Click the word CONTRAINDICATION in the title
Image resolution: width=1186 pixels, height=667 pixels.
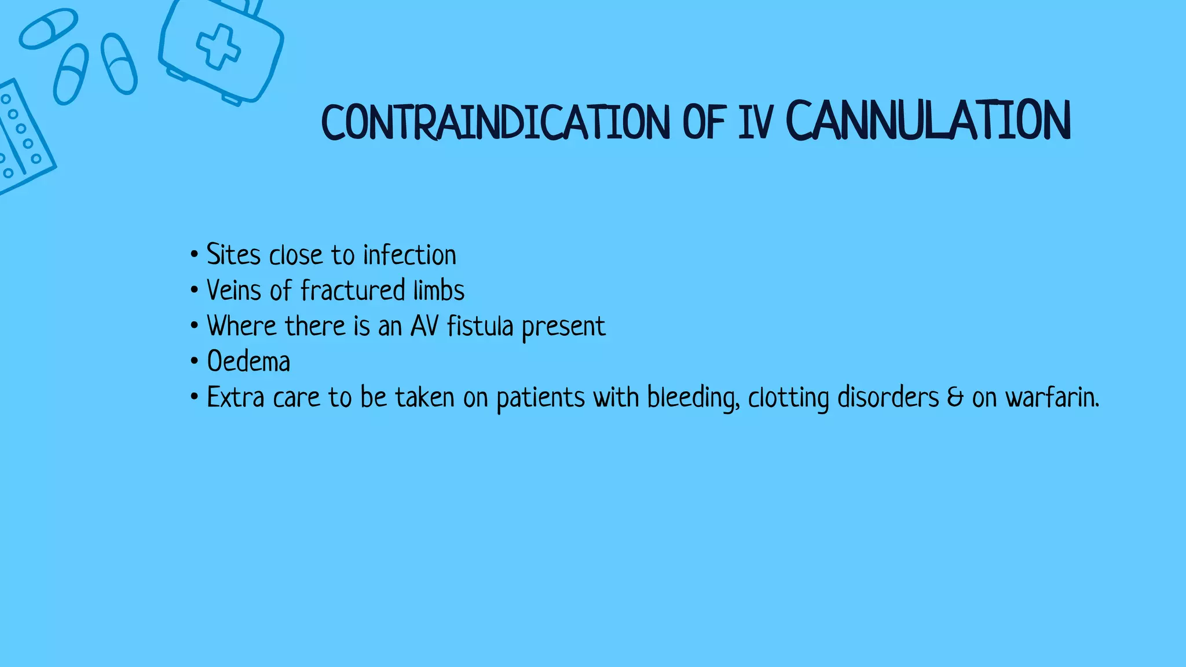pyautogui.click(x=495, y=122)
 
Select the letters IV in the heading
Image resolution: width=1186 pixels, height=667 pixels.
pyautogui.click(x=756, y=122)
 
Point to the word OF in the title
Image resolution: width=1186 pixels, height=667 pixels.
pyautogui.click(x=704, y=122)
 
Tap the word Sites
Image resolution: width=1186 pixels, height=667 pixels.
pyautogui.click(x=233, y=255)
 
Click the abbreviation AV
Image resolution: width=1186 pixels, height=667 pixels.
pyautogui.click(x=424, y=326)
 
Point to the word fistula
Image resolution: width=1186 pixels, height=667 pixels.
pyautogui.click(x=480, y=326)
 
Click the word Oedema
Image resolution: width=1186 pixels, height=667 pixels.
pyautogui.click(x=248, y=362)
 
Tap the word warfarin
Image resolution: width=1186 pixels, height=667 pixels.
pyautogui.click(x=1051, y=398)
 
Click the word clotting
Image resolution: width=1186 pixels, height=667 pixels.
pyautogui.click(x=788, y=398)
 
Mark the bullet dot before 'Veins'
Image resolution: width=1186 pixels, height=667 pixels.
pyautogui.click(x=194, y=290)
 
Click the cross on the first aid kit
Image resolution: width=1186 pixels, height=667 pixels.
pyautogui.click(x=218, y=47)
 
